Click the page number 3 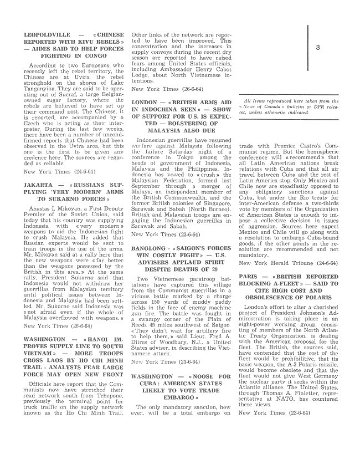coord(317,48)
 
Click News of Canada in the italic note coord(264,105)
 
